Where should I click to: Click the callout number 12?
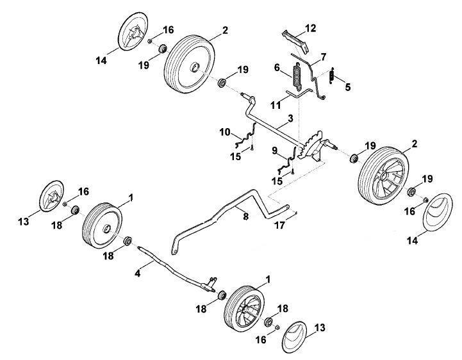coord(311,28)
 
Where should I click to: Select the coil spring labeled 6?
coord(297,76)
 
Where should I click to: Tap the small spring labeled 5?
coord(332,76)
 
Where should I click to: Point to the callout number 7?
coord(323,57)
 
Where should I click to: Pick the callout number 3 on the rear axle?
coord(290,119)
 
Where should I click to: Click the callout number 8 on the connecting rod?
coord(245,217)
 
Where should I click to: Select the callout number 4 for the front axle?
coord(137,273)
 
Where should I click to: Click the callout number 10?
coord(225,132)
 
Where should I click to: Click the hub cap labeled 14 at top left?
coord(133,32)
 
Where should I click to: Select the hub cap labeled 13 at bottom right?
coord(295,337)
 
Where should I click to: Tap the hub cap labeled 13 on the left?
coord(51,196)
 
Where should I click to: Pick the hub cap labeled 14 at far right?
coord(438,213)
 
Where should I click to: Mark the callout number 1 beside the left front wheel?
coord(131,198)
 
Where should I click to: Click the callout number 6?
coord(277,67)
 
